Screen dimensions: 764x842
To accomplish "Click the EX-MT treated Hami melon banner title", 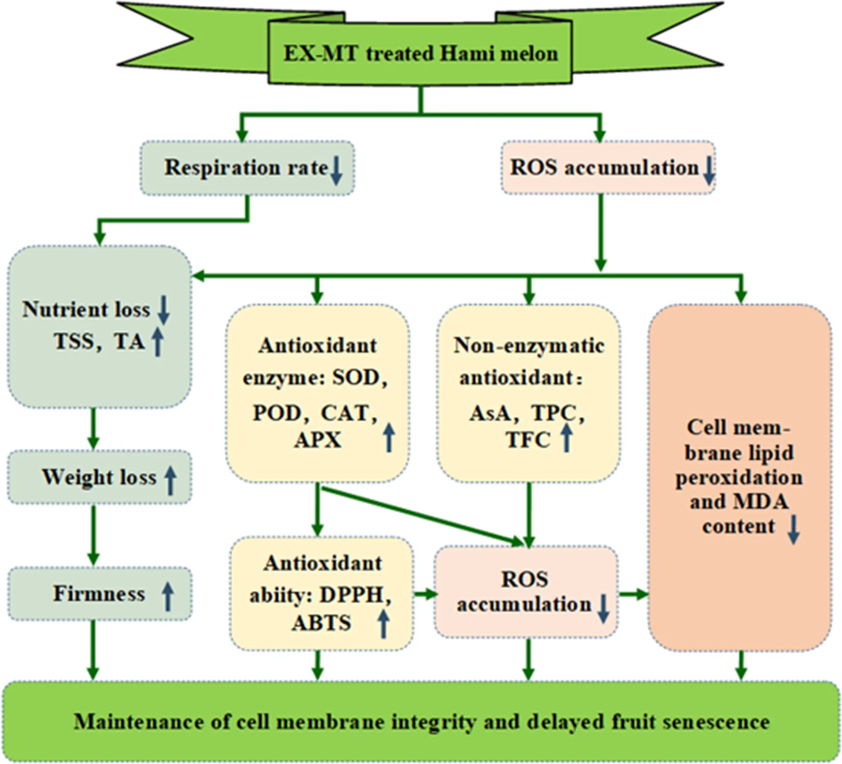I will pos(421,53).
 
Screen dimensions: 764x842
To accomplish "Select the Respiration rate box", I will pos(247,168).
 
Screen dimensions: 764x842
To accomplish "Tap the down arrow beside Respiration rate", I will pos(336,171).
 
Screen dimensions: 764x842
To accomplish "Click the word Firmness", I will pos(99,594).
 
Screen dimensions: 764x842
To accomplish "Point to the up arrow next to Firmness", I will pos(168,596).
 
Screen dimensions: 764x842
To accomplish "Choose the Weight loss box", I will pos(99,477).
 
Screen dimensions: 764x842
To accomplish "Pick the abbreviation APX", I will pos(318,440).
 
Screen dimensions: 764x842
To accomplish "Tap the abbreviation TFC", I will pos(528,440).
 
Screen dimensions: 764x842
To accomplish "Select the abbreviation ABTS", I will pos(321,623).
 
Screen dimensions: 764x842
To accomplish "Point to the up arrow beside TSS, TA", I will pos(157,341).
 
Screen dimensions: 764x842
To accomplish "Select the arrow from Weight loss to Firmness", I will pos(93,535).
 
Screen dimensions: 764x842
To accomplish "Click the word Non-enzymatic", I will pos(529,346).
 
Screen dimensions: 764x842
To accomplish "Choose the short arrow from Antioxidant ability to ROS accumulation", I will pos(425,593).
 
